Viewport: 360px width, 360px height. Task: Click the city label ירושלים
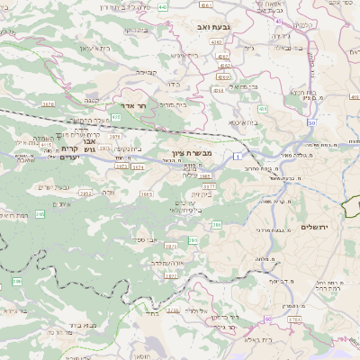pyautogui.click(x=316, y=226)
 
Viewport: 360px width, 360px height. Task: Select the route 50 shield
pyautogui.click(x=311, y=121)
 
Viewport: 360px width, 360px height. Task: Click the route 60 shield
pyautogui.click(x=268, y=319)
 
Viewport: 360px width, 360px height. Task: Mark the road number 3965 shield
pyautogui.click(x=146, y=193)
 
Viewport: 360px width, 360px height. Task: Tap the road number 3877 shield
pyautogui.click(x=171, y=275)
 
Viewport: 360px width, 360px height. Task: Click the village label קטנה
pyautogui.click(x=91, y=101)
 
